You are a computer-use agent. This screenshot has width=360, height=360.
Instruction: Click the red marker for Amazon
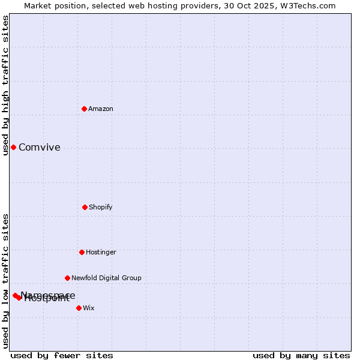point(85,109)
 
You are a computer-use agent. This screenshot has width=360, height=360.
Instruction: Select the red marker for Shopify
point(85,207)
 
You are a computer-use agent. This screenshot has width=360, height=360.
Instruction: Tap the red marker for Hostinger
point(82,252)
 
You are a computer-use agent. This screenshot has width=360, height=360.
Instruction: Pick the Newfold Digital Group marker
point(67,278)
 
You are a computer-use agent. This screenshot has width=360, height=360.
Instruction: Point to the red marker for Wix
point(79,308)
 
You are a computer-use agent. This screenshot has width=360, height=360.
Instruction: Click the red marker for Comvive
point(13,147)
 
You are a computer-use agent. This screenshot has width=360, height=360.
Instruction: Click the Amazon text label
point(101,109)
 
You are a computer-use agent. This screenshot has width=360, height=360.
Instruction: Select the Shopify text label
point(101,207)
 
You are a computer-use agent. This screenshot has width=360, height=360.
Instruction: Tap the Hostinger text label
point(101,252)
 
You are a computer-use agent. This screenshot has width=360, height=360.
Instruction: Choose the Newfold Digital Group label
point(106,278)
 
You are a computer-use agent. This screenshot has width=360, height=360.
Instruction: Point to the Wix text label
point(89,308)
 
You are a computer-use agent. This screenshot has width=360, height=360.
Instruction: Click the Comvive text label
point(40,148)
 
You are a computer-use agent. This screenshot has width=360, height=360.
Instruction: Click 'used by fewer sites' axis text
point(62,355)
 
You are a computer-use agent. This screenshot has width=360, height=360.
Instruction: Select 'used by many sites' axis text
point(301,355)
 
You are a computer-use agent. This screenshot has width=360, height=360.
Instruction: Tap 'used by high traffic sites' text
point(5,85)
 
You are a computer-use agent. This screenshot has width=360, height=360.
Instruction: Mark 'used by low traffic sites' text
point(5,280)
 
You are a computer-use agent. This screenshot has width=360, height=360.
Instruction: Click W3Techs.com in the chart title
point(307,5)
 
